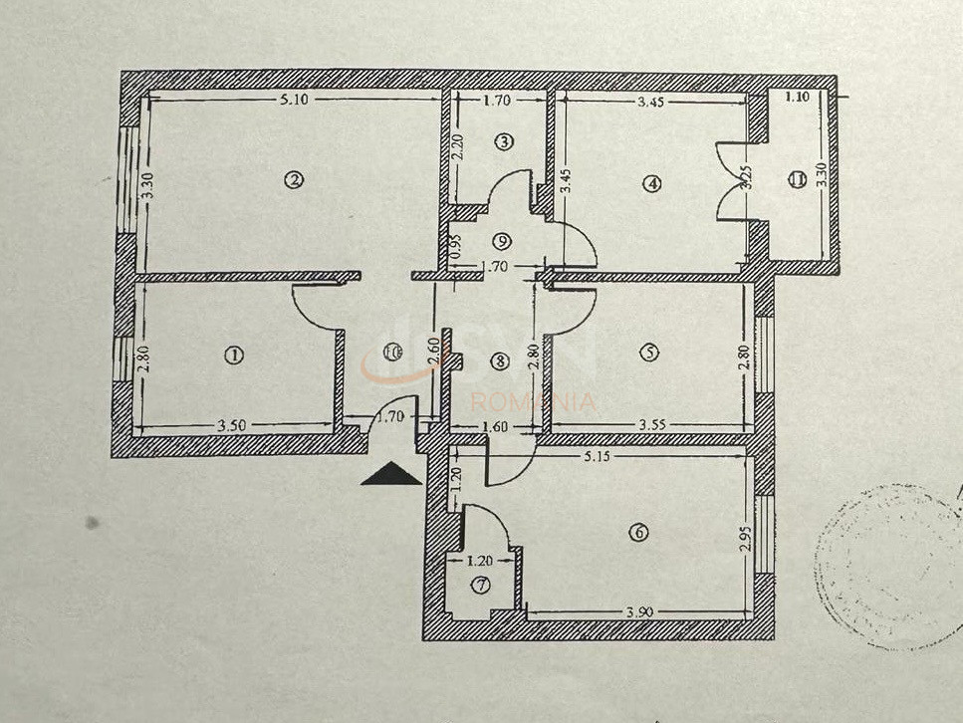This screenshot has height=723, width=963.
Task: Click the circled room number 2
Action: tap(293, 180)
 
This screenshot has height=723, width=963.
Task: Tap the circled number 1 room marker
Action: tap(235, 355)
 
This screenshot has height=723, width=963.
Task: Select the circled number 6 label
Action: tap(638, 533)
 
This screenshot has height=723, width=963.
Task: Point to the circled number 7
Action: tap(481, 586)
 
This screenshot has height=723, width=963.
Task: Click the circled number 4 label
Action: tap(651, 183)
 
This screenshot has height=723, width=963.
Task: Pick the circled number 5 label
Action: tap(649, 352)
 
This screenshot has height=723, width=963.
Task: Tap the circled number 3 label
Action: tap(504, 142)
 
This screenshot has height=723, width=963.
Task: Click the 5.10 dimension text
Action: tap(293, 99)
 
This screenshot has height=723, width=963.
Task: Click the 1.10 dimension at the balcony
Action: tap(797, 98)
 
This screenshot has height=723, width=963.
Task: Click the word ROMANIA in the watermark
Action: tap(533, 403)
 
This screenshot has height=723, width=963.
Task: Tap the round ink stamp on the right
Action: tap(886, 568)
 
